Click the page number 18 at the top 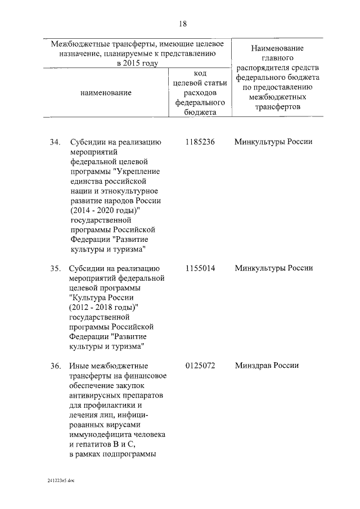coord(182,24)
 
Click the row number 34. coord(55,142)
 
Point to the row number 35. coord(55,268)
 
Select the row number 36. coord(55,366)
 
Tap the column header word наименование coord(106,92)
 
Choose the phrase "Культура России coord(101,297)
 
